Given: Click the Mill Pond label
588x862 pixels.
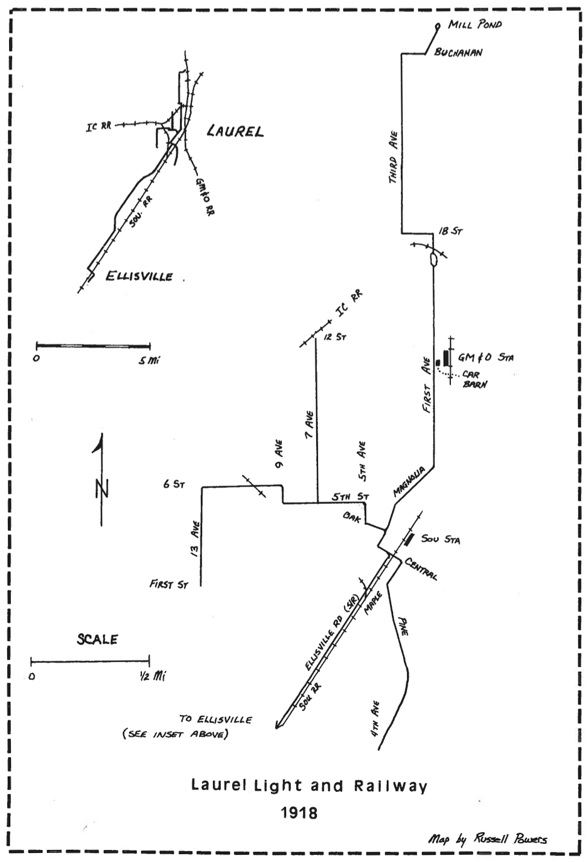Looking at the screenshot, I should (x=475, y=25).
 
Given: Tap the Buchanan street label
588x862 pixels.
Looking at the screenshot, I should (x=458, y=53).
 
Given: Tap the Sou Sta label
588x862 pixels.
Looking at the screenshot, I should (x=440, y=539).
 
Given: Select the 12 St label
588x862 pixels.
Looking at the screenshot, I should (x=334, y=336).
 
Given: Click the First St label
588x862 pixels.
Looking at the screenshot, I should (x=168, y=585).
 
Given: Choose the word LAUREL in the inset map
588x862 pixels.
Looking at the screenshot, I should (x=235, y=131).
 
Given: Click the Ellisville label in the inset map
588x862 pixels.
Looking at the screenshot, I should (x=139, y=277).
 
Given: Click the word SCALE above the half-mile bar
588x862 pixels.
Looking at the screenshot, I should (x=97, y=639).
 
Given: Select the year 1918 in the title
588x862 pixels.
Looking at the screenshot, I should (x=299, y=812).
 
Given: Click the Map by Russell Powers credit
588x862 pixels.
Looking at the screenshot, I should (x=488, y=839).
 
